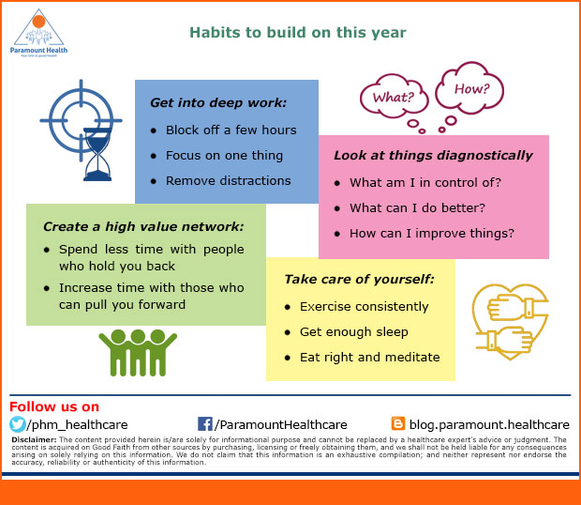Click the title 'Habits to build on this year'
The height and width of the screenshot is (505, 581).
[x=298, y=33]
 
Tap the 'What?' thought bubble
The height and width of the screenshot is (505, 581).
[x=394, y=98]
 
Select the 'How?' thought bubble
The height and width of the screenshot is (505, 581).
[x=470, y=88]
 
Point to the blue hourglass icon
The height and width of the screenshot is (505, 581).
[x=97, y=154]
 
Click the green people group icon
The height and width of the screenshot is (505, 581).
[x=138, y=353]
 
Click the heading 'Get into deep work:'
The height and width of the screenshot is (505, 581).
[x=218, y=102]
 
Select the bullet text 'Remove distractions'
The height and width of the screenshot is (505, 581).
[x=229, y=181]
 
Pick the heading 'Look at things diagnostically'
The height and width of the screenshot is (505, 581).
[x=433, y=155]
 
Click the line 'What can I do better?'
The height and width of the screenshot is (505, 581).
[x=417, y=207]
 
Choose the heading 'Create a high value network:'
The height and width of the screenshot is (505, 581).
[x=143, y=226]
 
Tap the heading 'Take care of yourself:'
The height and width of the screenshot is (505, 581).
[x=359, y=279]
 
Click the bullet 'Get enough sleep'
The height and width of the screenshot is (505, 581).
[x=354, y=331]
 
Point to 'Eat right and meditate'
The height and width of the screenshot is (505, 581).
[x=370, y=357]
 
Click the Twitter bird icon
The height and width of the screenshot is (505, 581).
[x=18, y=424]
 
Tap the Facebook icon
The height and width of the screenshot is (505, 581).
[x=205, y=423]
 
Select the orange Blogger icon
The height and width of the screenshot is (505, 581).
[x=398, y=423]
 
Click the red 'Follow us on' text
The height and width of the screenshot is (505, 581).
[x=54, y=406]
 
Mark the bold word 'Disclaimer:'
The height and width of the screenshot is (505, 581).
[x=34, y=439]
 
